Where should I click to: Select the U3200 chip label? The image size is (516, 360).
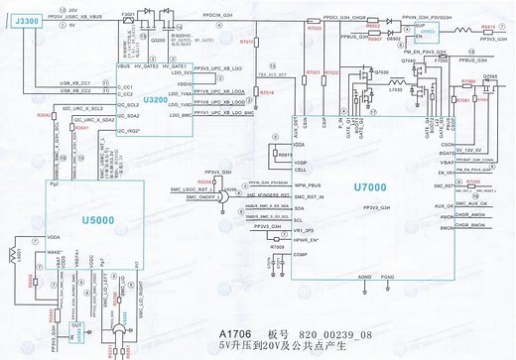[x=156, y=101]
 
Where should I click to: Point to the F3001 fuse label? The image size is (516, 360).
[x=127, y=15]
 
